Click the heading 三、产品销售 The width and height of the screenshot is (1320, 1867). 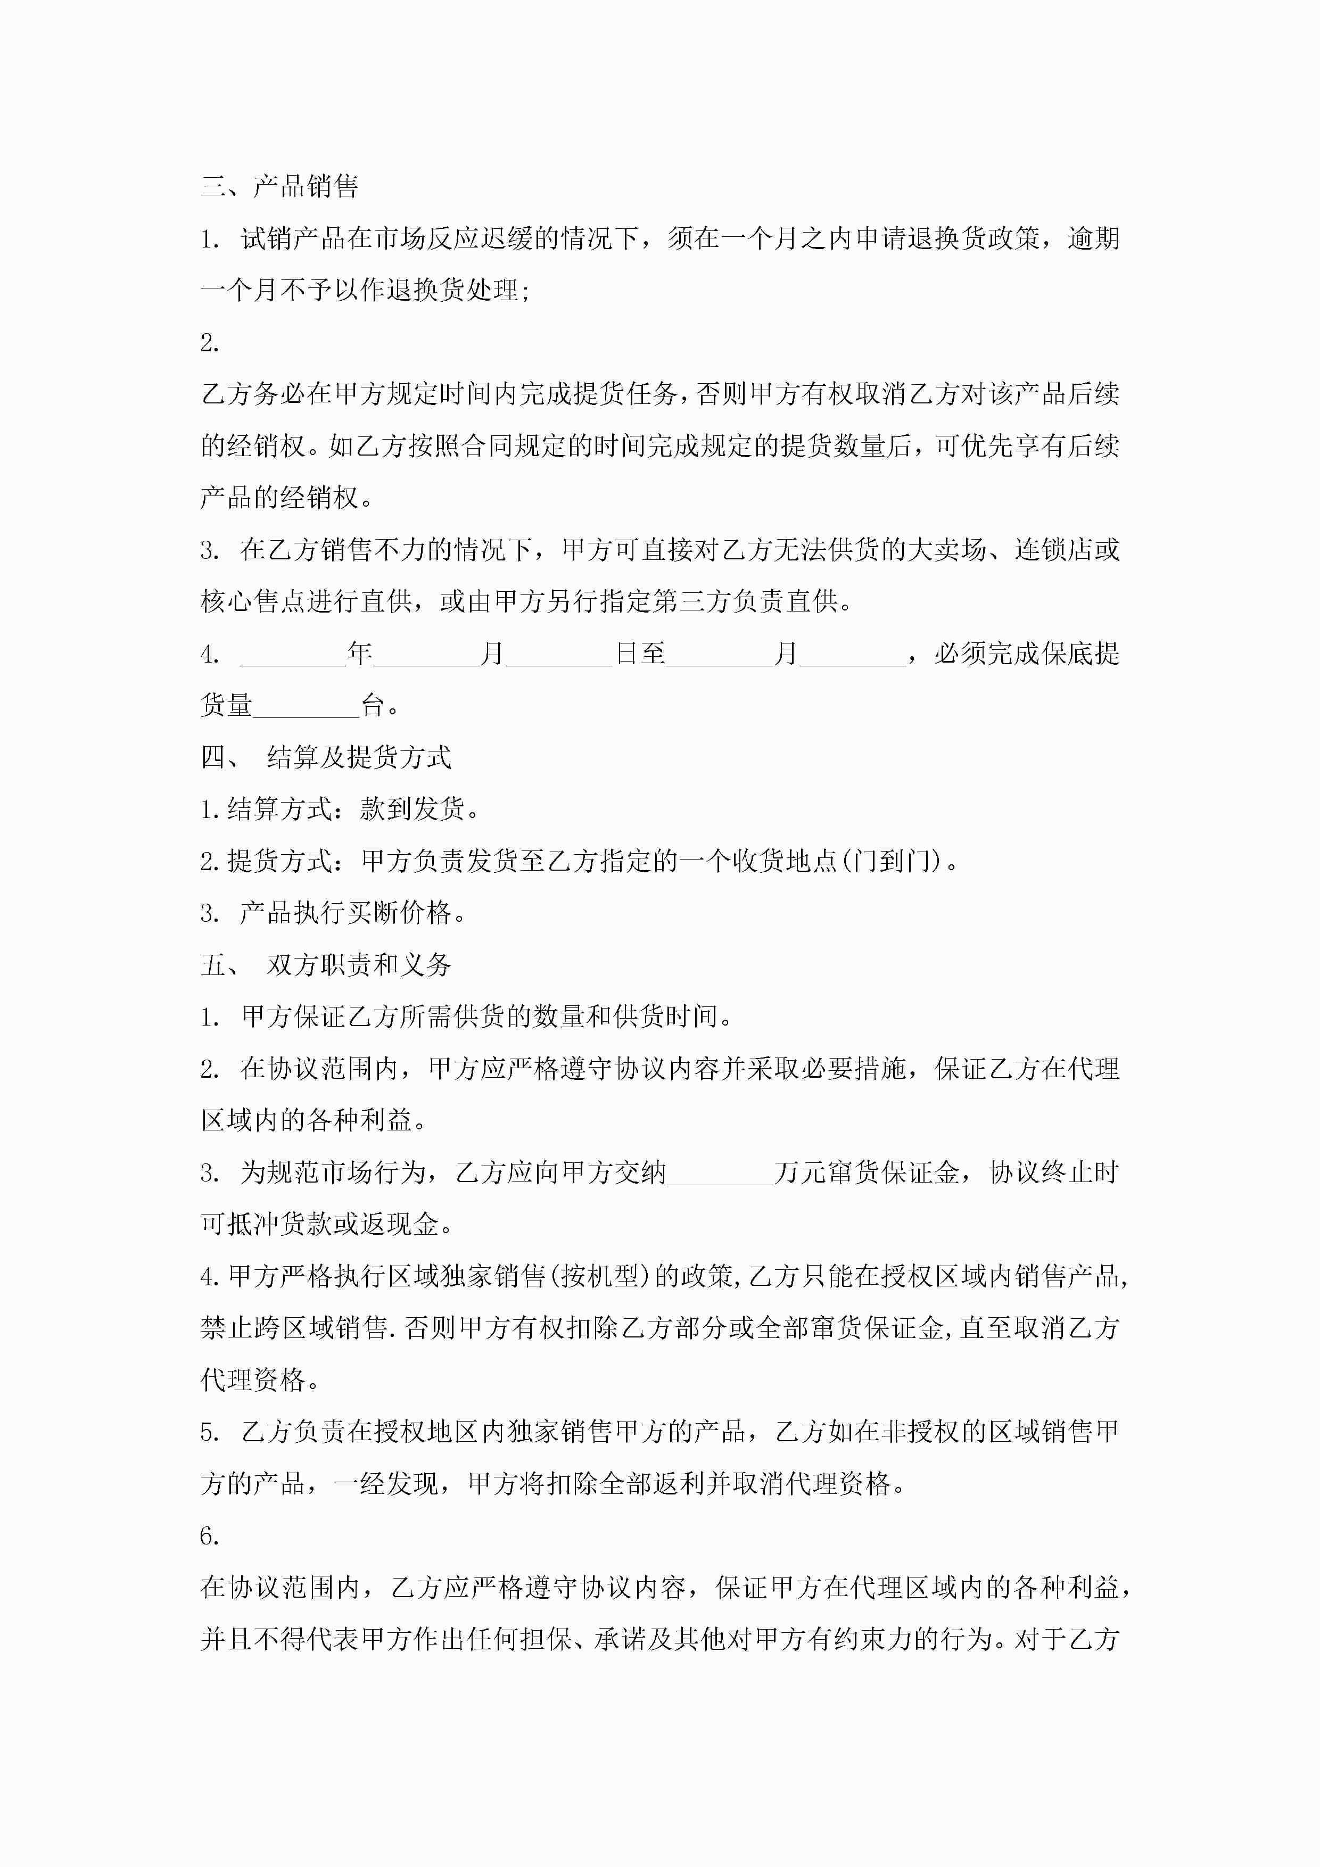279,186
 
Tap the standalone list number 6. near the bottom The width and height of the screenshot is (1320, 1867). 209,1535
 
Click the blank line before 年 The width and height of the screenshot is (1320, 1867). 293,655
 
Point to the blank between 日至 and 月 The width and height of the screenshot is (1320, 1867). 720,655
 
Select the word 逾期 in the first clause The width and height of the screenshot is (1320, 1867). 1093,239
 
